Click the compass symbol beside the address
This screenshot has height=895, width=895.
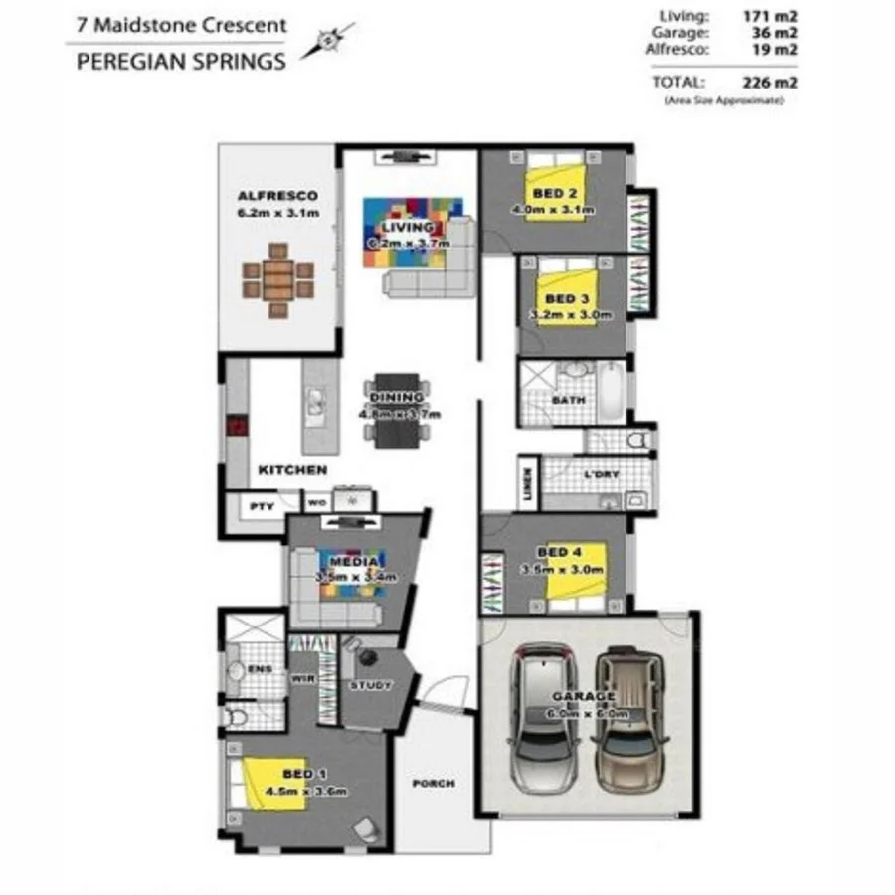click(327, 42)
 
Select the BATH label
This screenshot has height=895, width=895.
click(569, 401)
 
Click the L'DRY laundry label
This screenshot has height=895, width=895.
click(602, 474)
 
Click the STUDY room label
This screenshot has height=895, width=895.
click(370, 685)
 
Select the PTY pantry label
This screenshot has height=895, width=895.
click(261, 506)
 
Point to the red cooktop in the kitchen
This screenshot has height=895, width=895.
click(238, 427)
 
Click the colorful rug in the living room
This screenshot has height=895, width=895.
click(411, 231)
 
